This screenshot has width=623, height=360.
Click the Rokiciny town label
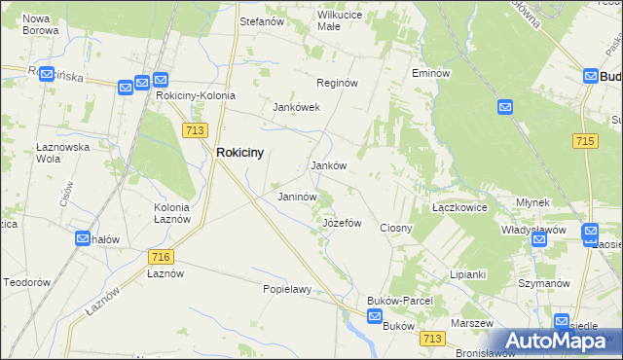click(239, 153)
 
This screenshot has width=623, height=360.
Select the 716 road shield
click(162, 257)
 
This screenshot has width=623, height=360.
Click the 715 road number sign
click(585, 142)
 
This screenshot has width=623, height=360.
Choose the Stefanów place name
click(261, 19)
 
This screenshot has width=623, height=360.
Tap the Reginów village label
click(337, 83)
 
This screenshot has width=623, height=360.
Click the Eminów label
click(429, 73)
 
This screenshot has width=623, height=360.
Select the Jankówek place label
click(297, 107)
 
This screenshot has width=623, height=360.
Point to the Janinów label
click(298, 197)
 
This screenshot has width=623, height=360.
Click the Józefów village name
click(342, 223)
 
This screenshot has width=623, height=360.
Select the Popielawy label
click(286, 289)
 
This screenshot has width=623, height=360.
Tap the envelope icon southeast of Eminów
click(505, 107)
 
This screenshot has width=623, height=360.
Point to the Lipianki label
click(467, 274)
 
